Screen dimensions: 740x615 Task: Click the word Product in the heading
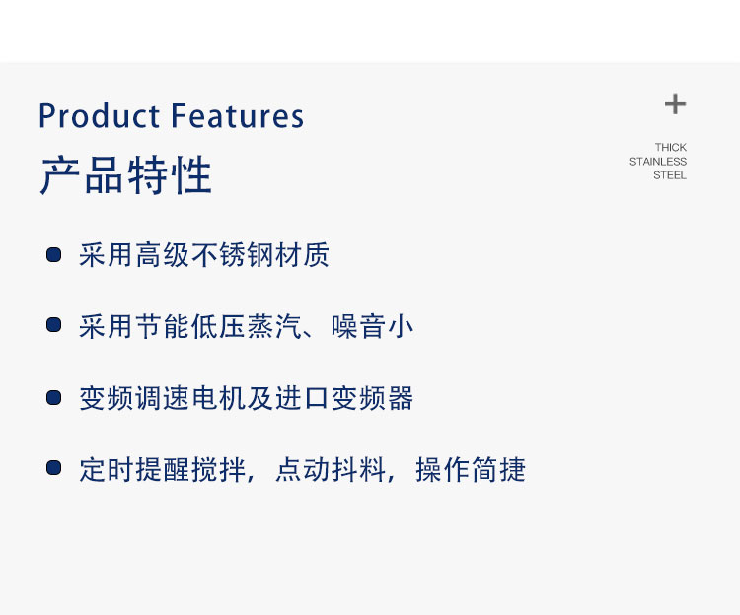(99, 116)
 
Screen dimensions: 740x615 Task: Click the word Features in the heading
(237, 116)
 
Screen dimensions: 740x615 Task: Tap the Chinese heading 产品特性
(126, 175)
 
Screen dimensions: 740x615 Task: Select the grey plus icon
(675, 104)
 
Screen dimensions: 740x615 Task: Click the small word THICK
(670, 147)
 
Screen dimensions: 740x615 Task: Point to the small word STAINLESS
(658, 162)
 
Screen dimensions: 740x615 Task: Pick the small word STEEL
(670, 175)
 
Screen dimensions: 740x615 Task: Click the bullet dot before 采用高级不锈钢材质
(54, 255)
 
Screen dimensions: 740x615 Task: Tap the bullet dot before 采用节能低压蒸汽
(54, 325)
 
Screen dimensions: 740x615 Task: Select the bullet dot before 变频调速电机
(54, 398)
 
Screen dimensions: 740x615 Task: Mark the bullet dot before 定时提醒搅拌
(54, 468)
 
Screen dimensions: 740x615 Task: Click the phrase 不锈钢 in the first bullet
(232, 255)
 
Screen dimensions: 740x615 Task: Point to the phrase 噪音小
(372, 326)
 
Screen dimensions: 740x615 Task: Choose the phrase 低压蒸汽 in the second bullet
(246, 326)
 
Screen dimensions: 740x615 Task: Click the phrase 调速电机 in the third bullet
(190, 398)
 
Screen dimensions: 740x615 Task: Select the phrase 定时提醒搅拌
(163, 470)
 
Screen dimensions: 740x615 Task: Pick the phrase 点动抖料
(330, 470)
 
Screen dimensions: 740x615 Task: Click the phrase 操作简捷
(471, 470)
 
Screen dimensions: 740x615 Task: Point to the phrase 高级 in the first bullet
(163, 255)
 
